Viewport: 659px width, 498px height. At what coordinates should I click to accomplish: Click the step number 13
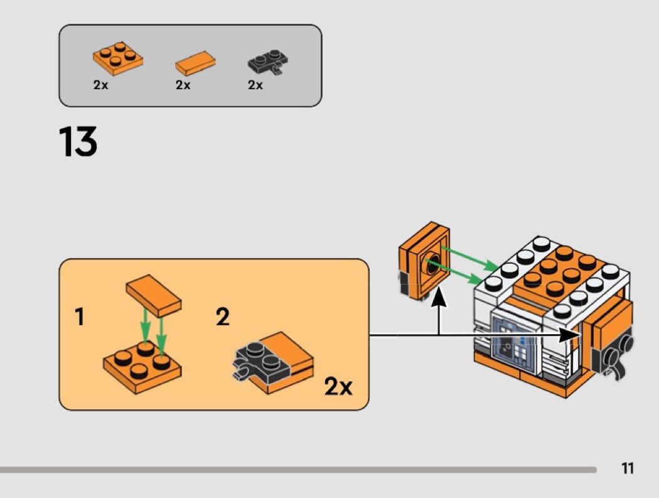(78, 142)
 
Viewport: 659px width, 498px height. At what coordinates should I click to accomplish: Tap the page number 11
(627, 468)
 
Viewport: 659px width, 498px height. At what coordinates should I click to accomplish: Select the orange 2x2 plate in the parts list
(117, 59)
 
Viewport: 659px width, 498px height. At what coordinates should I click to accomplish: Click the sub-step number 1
(79, 318)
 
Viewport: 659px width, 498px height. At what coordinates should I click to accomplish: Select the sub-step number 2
(223, 318)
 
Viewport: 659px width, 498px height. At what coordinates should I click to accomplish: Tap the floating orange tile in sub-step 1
(154, 295)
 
